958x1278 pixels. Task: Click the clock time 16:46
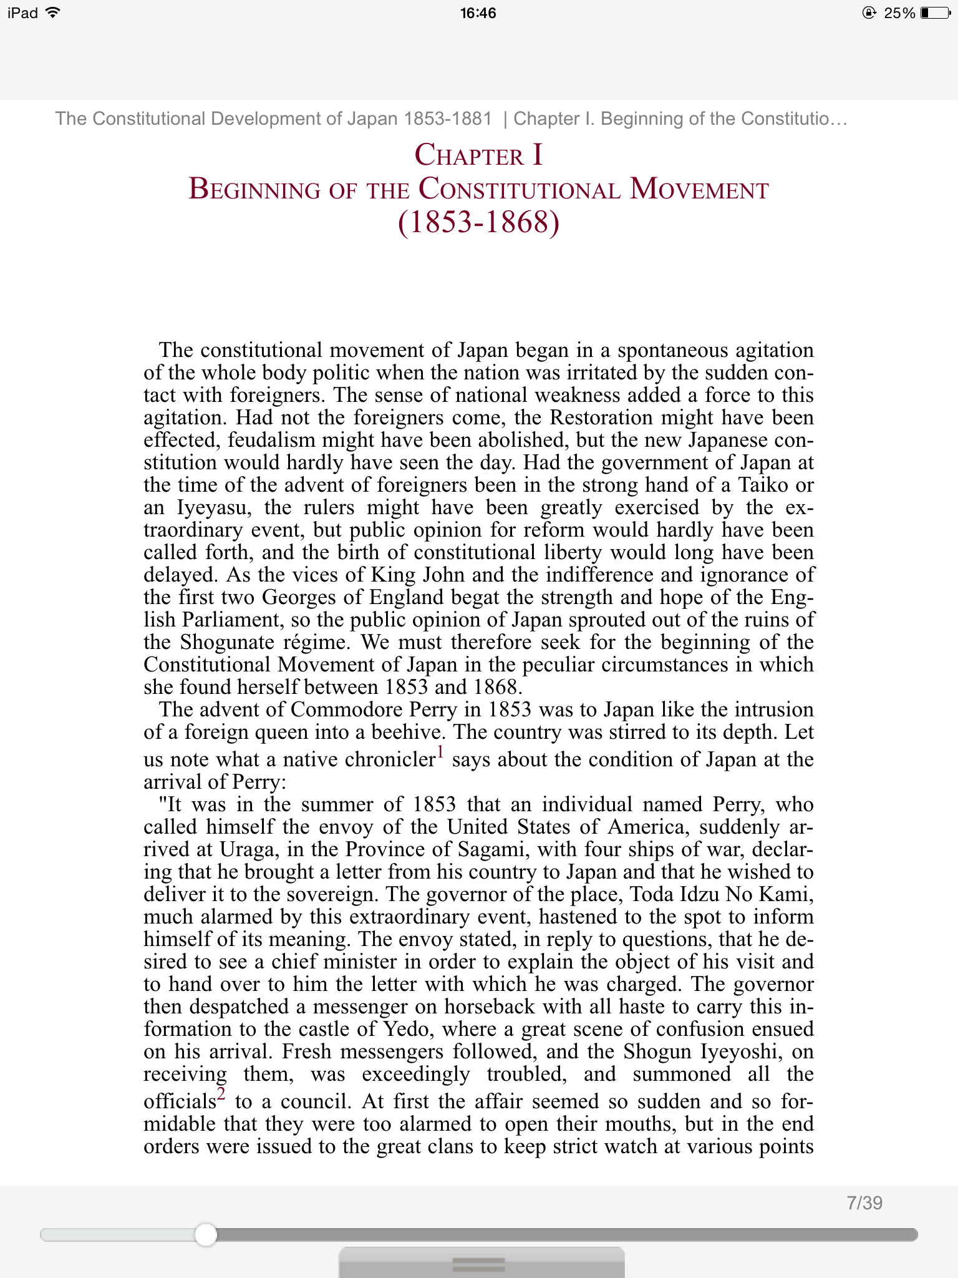478,13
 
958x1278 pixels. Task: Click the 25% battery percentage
899,13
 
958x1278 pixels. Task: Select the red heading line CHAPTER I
478,155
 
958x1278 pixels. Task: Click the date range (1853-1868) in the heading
478,223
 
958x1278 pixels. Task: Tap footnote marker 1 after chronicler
440,752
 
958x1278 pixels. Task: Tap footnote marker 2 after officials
221,1094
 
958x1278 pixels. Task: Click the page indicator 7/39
864,1202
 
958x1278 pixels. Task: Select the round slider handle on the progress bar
205,1234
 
